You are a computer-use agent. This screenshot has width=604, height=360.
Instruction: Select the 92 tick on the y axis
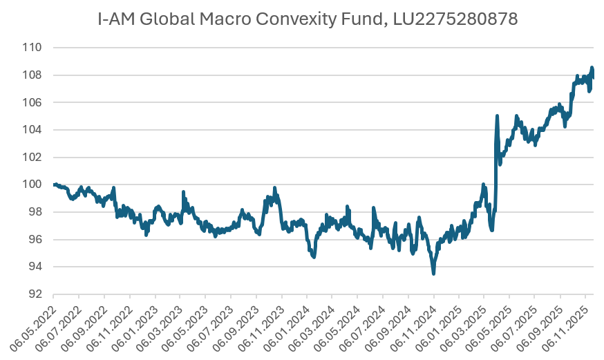click(x=35, y=294)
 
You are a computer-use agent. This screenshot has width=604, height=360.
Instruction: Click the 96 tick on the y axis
click(x=35, y=239)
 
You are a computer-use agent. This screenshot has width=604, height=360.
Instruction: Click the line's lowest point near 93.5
click(x=433, y=274)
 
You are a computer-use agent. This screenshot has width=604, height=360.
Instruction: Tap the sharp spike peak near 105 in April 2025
click(x=497, y=116)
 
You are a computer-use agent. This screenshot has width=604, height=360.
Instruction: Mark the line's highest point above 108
click(x=592, y=68)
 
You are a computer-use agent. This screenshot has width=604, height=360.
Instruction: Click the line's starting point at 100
click(x=54, y=184)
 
